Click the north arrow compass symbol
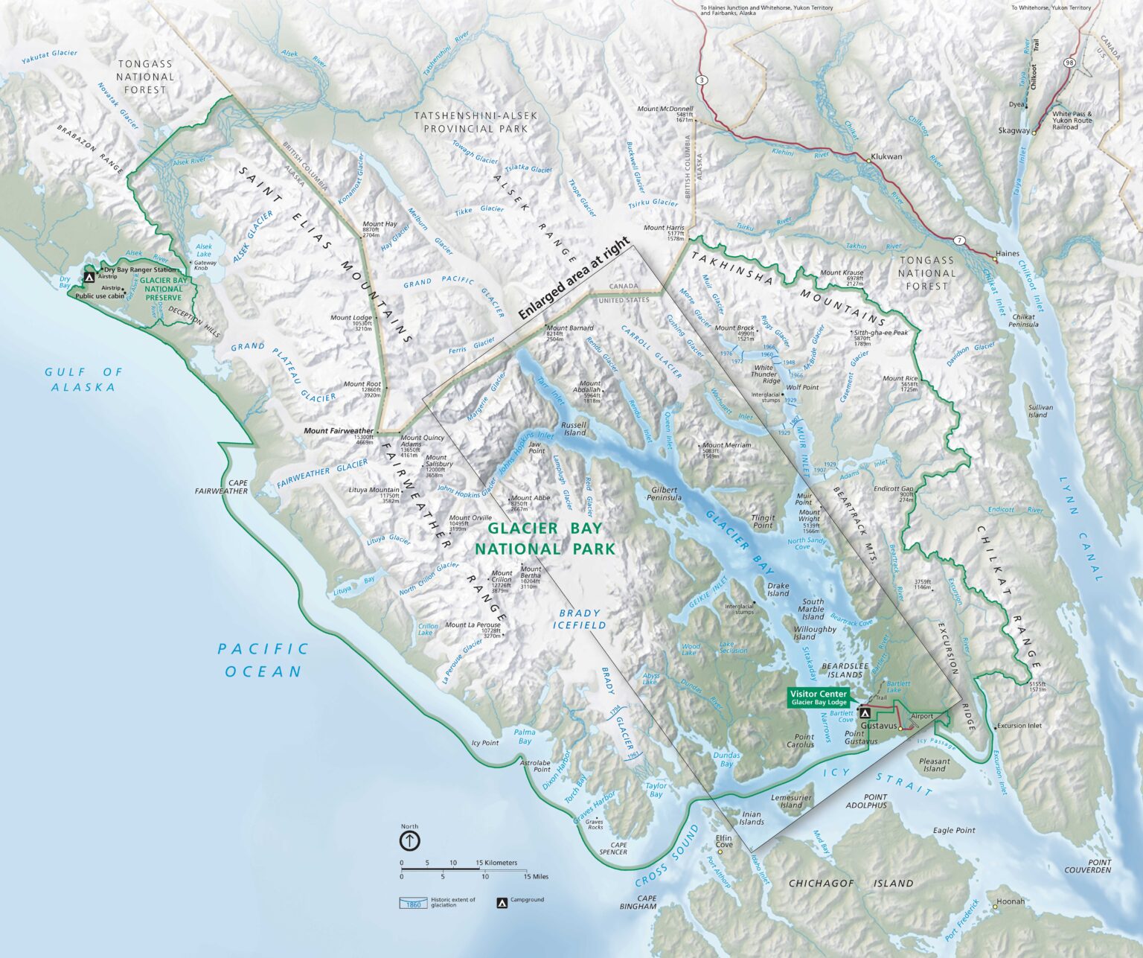(x=410, y=840)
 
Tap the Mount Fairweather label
(x=339, y=431)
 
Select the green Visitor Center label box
(x=819, y=697)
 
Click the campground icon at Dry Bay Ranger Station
(x=89, y=277)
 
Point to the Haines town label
(x=1008, y=254)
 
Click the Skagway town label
(x=1014, y=130)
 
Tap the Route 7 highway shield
(x=960, y=240)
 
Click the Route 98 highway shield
(x=1069, y=63)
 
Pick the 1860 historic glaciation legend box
(x=414, y=904)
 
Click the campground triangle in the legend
(x=502, y=903)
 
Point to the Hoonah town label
(x=1011, y=901)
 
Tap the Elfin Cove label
(x=724, y=841)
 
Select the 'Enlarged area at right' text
(x=574, y=279)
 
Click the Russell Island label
(x=575, y=429)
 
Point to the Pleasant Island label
(x=934, y=764)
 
